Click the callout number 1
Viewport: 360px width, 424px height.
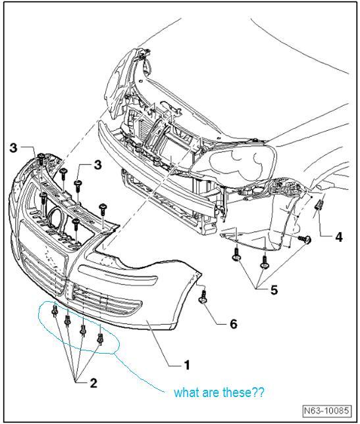tap(186, 365)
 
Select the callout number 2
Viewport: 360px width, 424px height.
tap(93, 383)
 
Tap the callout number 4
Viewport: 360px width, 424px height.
tap(338, 237)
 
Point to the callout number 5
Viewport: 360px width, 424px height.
tap(274, 290)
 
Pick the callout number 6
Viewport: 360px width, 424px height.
tap(234, 323)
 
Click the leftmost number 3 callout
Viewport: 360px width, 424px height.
tap(14, 148)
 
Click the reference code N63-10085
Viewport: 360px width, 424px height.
tap(326, 410)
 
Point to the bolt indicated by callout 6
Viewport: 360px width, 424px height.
tap(204, 296)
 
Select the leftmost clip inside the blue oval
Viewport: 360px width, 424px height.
tap(55, 312)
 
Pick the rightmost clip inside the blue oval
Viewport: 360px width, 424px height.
tap(100, 339)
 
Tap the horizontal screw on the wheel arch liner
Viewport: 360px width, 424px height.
tap(304, 239)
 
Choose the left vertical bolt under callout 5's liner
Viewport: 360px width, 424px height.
tap(236, 255)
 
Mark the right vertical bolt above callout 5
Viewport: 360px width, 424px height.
tap(264, 262)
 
